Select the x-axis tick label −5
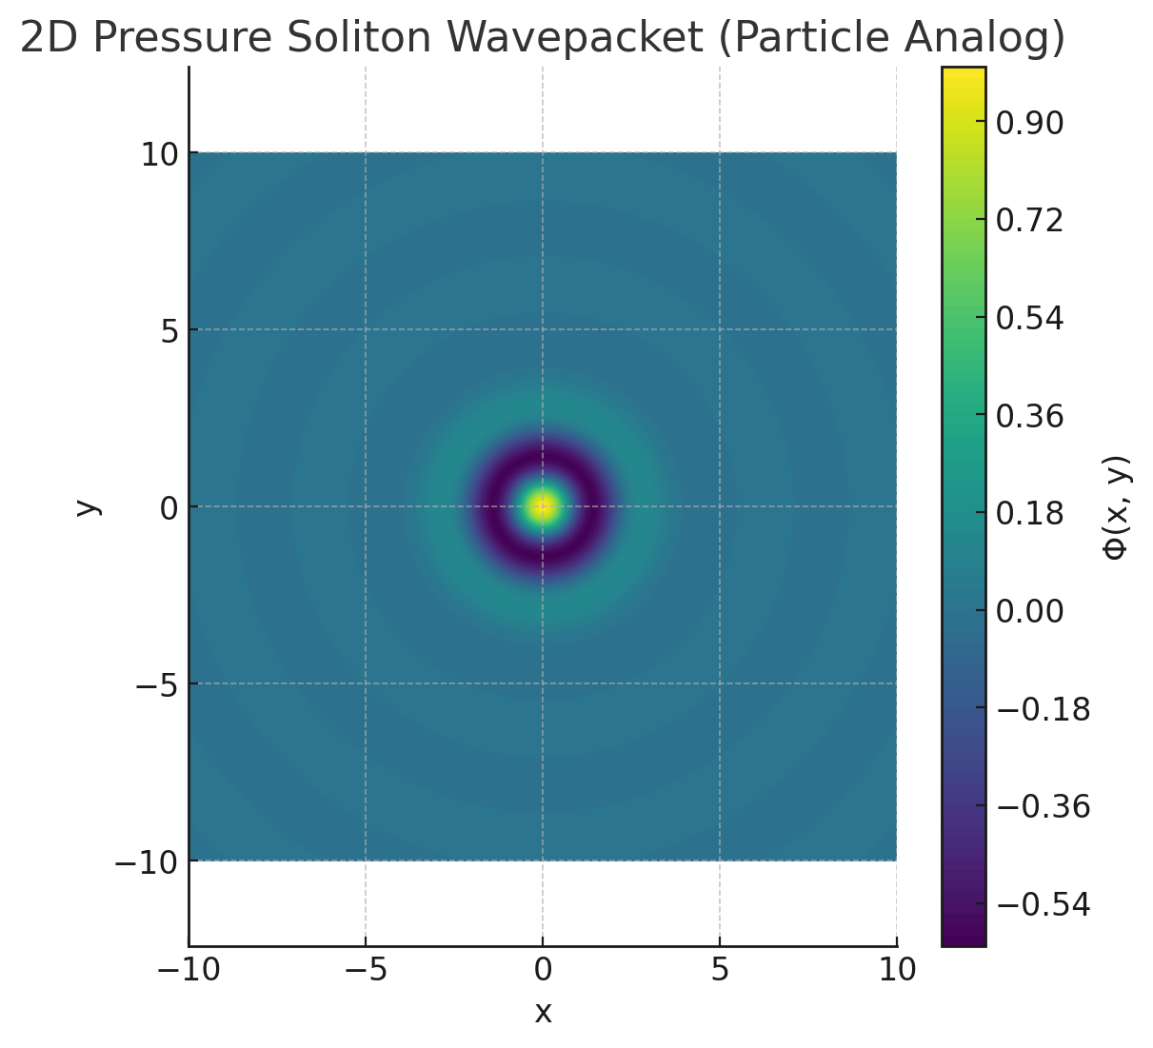pyautogui.click(x=366, y=970)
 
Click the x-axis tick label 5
pyautogui.click(x=720, y=970)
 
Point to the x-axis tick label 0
pyautogui.click(x=543, y=970)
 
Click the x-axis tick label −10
pyautogui.click(x=189, y=970)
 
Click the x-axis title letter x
pyautogui.click(x=543, y=1012)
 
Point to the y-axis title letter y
pyautogui.click(x=87, y=506)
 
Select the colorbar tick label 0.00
pyautogui.click(x=1029, y=611)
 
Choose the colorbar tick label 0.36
pyautogui.click(x=1029, y=416)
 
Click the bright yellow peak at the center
pyautogui.click(x=543, y=506)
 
